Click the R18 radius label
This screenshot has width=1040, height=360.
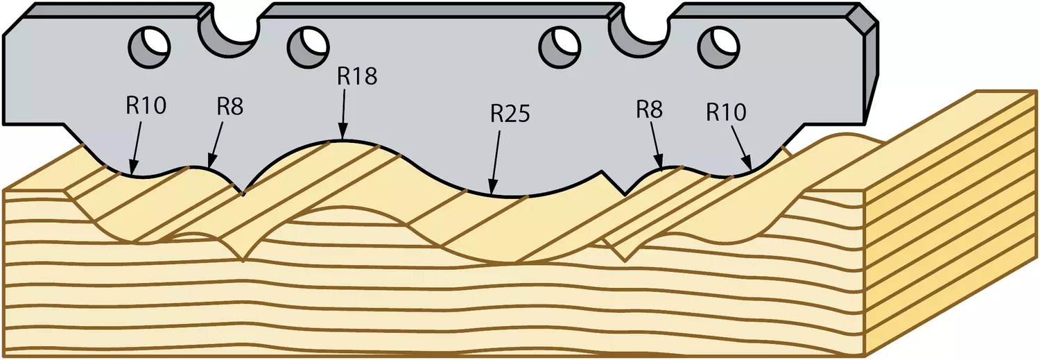tap(356, 77)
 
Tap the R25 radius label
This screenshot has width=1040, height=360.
tap(510, 114)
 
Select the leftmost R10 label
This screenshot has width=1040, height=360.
tap(146, 106)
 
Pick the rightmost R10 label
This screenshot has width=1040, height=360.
tap(726, 112)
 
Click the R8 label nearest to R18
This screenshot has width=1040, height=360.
tap(229, 108)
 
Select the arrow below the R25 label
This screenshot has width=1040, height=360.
tap(496, 162)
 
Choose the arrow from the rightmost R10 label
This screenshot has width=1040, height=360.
tap(741, 147)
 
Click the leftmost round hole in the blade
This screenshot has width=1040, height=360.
tap(150, 47)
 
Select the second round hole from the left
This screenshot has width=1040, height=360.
tap(308, 47)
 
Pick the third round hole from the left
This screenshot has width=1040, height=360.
tap(560, 47)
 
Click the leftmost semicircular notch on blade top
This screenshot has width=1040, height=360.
tap(228, 37)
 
